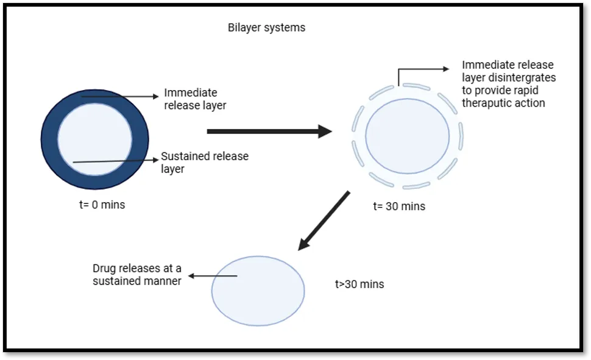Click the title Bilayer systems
click(266, 28)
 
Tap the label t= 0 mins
click(102, 205)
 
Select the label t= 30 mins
click(399, 206)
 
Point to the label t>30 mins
click(359, 284)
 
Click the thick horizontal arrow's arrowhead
click(325, 131)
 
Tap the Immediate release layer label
click(195, 99)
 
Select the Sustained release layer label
click(205, 163)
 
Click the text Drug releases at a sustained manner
click(137, 275)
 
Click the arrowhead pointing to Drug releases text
click(191, 276)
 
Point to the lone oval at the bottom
click(258, 291)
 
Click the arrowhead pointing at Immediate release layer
click(155, 96)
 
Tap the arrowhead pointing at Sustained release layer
click(155, 160)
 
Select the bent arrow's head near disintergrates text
click(446, 69)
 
